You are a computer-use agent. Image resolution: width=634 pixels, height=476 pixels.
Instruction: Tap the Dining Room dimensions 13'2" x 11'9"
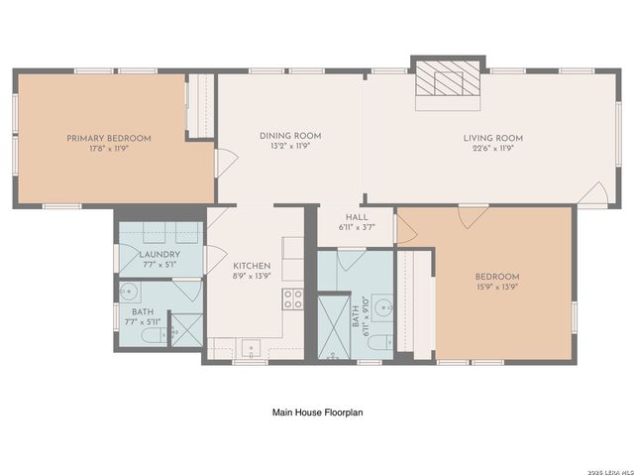(x=290, y=148)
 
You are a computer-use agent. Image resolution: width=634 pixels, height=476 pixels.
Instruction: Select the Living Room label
(x=493, y=138)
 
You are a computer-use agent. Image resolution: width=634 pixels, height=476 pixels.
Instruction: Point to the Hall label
(x=357, y=217)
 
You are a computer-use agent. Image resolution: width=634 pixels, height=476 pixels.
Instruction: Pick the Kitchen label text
(x=252, y=266)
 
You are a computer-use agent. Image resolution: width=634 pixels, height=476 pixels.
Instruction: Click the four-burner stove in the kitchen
(x=293, y=298)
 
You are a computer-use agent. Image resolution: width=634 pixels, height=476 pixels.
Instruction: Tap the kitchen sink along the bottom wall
(x=252, y=348)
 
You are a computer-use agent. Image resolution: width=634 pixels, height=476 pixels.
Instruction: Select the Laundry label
(x=158, y=254)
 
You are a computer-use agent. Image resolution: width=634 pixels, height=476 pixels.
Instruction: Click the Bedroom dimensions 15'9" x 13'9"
(x=496, y=289)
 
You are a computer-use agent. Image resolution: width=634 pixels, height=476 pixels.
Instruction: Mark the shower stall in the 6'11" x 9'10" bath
(x=334, y=326)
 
